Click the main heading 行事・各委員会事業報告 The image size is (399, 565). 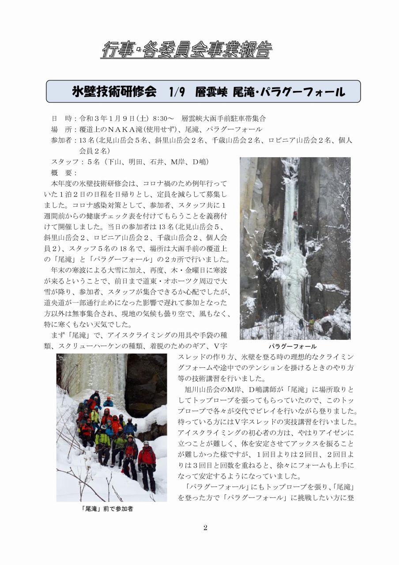(186, 50)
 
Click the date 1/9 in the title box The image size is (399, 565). (176, 92)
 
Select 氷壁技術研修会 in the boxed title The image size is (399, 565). (114, 92)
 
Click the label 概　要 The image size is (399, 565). (64, 173)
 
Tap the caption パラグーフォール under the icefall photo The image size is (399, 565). (293, 347)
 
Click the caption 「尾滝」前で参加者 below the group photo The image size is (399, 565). (108, 508)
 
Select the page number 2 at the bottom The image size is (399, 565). (205, 528)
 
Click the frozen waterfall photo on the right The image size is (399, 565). (295, 248)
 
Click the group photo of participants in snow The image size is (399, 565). (112, 427)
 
